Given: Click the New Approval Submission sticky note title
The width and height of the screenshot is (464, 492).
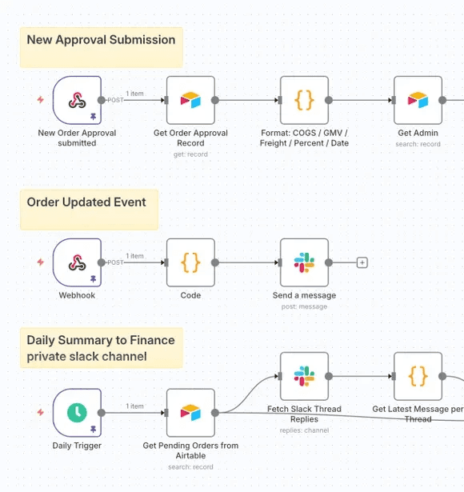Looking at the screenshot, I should pyautogui.click(x=101, y=40).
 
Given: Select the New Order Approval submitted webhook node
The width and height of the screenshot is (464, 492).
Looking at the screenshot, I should pyautogui.click(x=77, y=100).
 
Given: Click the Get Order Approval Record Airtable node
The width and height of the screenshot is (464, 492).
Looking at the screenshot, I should pyautogui.click(x=190, y=100).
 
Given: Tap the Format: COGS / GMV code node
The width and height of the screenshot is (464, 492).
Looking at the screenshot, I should pyautogui.click(x=304, y=100).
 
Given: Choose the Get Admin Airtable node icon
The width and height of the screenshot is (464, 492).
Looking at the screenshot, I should pyautogui.click(x=418, y=100).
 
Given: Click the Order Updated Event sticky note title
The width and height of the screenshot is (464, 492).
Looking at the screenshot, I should pyautogui.click(x=86, y=202).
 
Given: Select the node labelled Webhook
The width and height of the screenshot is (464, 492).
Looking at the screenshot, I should pyautogui.click(x=77, y=262).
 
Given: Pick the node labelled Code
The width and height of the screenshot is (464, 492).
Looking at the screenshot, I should pyautogui.click(x=190, y=262).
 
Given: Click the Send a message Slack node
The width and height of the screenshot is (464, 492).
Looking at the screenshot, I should pyautogui.click(x=304, y=262).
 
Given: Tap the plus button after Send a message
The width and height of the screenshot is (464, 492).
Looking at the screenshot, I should pyautogui.click(x=362, y=262).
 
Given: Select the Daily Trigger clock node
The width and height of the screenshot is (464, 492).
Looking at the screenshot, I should pyautogui.click(x=77, y=413).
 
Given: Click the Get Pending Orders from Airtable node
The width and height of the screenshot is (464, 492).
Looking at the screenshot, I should pyautogui.click(x=190, y=413).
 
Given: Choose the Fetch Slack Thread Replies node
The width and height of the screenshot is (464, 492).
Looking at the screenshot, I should pyautogui.click(x=304, y=376).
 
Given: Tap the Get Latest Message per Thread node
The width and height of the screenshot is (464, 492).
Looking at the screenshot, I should pyautogui.click(x=418, y=376).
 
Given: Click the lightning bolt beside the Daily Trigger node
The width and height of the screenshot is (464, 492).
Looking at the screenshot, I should pyautogui.click(x=41, y=413).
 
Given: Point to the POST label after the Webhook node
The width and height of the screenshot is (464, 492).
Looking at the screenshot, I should pyautogui.click(x=116, y=262).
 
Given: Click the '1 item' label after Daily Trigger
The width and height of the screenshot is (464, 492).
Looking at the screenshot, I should pyautogui.click(x=134, y=406).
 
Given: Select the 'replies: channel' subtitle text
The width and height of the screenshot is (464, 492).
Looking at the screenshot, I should pyautogui.click(x=304, y=430).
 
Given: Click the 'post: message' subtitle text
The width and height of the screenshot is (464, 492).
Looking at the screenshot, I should pyautogui.click(x=304, y=306).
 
